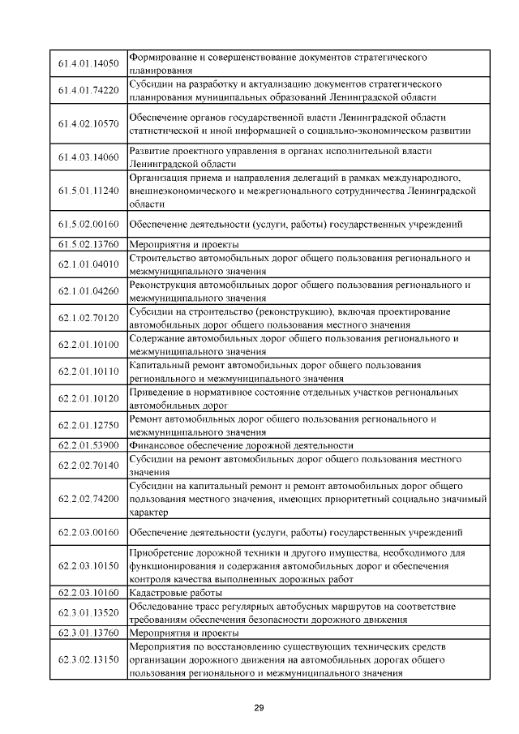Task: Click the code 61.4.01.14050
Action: click(89, 64)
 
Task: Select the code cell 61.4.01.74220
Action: click(89, 90)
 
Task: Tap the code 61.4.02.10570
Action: click(89, 123)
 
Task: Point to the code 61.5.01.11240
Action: click(89, 191)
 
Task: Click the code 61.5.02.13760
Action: click(89, 244)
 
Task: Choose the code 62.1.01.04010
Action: click(89, 264)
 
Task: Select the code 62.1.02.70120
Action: click(89, 318)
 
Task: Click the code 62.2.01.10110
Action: click(89, 371)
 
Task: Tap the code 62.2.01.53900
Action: click(89, 445)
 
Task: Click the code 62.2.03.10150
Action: click(89, 566)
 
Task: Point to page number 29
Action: click(259, 708)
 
